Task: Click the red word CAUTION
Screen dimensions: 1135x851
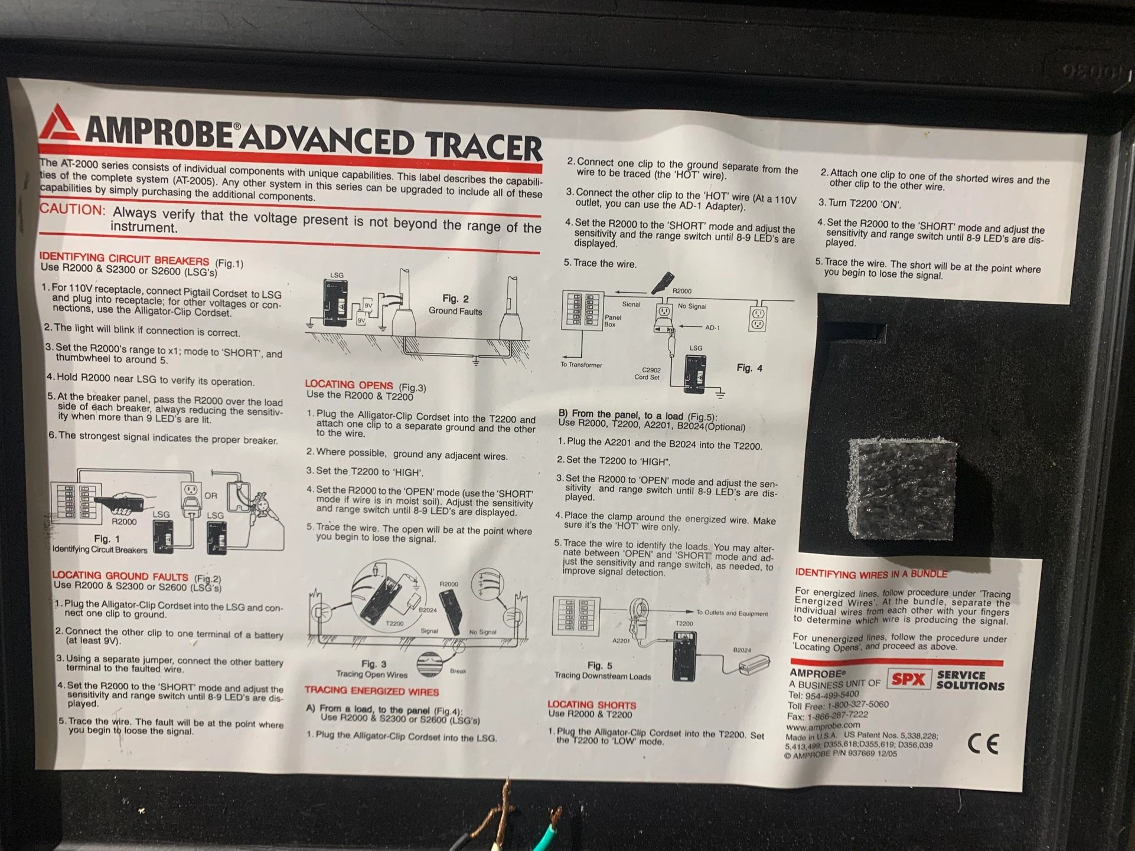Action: tap(72, 210)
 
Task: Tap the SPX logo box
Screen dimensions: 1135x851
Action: tap(909, 679)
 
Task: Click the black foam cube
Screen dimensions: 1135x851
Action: tap(902, 488)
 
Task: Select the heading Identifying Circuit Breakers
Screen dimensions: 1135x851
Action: tap(124, 258)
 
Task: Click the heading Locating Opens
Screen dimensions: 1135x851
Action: tap(349, 384)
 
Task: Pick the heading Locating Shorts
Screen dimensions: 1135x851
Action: tap(592, 705)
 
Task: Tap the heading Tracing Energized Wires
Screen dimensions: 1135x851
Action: tap(371, 690)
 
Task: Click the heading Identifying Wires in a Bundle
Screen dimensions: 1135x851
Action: tap(871, 574)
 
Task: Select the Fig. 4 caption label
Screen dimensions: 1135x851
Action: tap(749, 368)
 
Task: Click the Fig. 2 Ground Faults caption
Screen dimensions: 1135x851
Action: tap(455, 305)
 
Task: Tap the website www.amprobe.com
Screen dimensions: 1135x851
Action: tap(823, 726)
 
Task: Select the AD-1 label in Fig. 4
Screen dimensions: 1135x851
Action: tap(713, 328)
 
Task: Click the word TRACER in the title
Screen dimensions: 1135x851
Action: tap(483, 145)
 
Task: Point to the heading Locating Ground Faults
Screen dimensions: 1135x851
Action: tap(120, 575)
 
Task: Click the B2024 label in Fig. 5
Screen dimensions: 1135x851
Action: tap(742, 650)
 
